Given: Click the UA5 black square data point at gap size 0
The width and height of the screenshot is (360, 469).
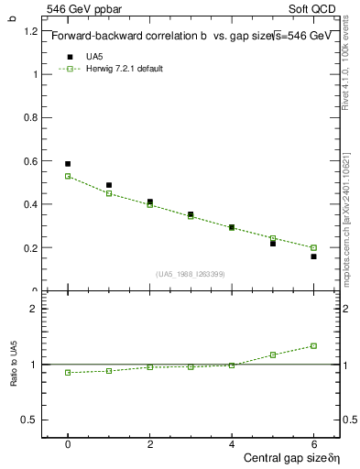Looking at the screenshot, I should pyautogui.click(x=68, y=164).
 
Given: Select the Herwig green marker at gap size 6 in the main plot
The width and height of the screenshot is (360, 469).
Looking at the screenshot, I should pyautogui.click(x=313, y=247).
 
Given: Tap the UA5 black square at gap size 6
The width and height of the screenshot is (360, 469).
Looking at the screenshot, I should pyautogui.click(x=313, y=256).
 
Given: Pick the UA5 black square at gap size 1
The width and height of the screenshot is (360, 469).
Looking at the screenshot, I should pyautogui.click(x=109, y=185).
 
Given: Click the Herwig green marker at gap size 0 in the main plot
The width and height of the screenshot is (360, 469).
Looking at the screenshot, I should pyautogui.click(x=68, y=176).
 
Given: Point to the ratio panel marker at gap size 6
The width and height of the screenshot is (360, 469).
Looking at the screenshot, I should pyautogui.click(x=313, y=345).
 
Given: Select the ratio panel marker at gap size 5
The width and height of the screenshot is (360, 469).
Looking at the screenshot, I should pyautogui.click(x=273, y=354).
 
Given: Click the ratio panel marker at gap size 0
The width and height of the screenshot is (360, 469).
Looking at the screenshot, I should pyautogui.click(x=68, y=372).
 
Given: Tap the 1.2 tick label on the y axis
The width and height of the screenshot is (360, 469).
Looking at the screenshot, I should pyautogui.click(x=31, y=31).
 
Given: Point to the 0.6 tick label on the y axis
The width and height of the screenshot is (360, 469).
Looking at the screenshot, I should pyautogui.click(x=31, y=161).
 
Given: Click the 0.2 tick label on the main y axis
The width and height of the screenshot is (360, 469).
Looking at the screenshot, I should pyautogui.click(x=31, y=247).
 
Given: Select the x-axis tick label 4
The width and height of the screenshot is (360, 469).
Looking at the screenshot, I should pyautogui.click(x=232, y=444).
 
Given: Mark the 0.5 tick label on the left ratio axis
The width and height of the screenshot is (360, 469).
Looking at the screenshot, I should pyautogui.click(x=31, y=420).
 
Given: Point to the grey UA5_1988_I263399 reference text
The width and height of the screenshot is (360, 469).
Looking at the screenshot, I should pyautogui.click(x=191, y=274).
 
